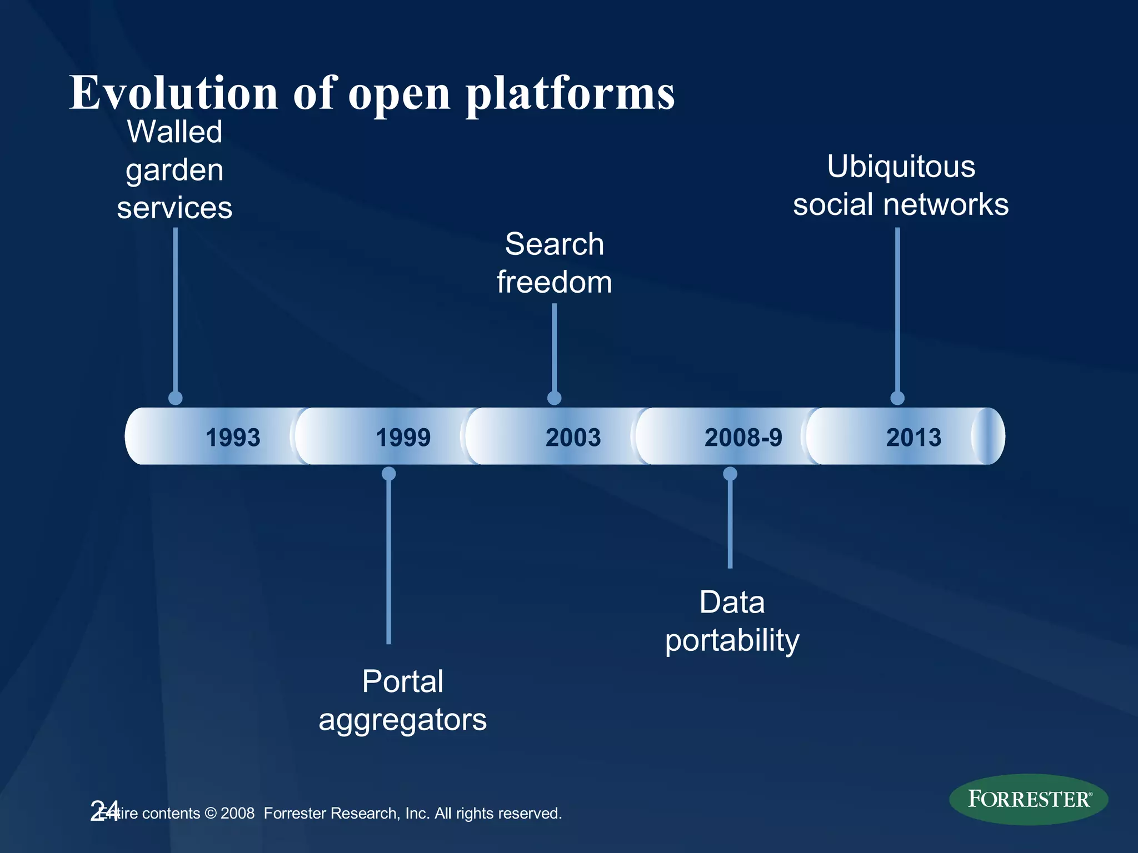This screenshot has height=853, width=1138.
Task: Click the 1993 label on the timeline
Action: (233, 438)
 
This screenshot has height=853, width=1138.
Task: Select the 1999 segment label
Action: (403, 438)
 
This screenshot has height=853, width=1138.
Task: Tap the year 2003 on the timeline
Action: (573, 438)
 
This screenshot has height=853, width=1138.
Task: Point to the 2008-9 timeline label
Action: (743, 438)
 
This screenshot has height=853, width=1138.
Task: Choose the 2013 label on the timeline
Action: (914, 438)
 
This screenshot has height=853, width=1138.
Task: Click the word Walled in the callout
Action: (174, 132)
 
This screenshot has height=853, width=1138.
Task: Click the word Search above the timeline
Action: (554, 244)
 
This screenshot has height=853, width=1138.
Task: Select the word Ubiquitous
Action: (901, 167)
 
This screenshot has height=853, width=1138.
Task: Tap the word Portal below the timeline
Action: (403, 681)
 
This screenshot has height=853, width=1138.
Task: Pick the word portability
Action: (732, 641)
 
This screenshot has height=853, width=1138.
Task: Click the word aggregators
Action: (403, 720)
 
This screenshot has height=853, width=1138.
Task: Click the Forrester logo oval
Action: (1029, 799)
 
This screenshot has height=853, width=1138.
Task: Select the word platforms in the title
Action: (570, 93)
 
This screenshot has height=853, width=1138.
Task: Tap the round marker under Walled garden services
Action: (176, 398)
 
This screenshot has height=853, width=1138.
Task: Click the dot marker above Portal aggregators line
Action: (389, 474)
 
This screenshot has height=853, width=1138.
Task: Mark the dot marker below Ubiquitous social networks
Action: (897, 398)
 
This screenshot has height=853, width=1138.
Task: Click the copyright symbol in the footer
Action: (211, 814)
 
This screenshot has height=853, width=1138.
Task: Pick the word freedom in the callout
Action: (554, 282)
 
